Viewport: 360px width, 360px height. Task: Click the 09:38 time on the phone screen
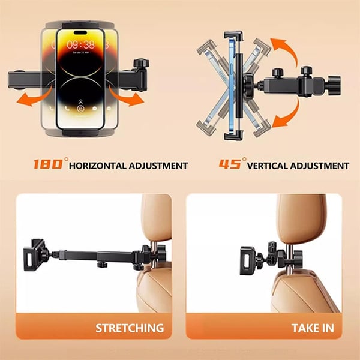(80, 44)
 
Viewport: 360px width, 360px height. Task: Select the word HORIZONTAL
(99, 166)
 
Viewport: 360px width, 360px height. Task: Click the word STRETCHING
(130, 328)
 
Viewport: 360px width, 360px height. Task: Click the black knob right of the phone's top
(142, 62)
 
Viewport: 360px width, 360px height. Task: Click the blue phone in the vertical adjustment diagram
(233, 84)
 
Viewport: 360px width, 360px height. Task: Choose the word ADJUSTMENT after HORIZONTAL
(159, 166)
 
